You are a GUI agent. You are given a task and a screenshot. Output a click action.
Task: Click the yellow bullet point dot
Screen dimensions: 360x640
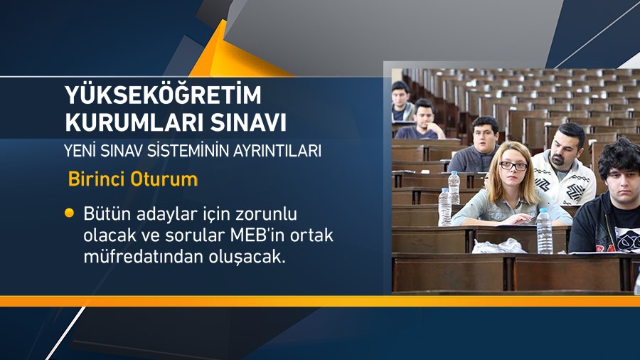69,213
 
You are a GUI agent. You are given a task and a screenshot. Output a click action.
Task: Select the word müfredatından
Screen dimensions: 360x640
135,258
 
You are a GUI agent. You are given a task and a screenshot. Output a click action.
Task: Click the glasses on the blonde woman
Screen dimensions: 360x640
513,166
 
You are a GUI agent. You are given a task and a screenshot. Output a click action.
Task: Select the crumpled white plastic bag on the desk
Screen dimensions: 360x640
499,246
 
